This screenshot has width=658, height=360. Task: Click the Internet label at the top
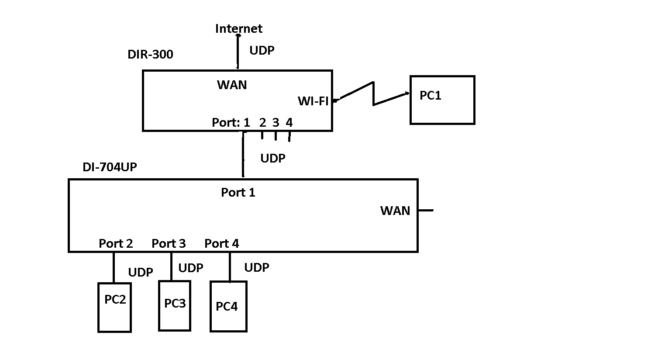point(239,29)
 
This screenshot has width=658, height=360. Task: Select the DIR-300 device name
point(150,55)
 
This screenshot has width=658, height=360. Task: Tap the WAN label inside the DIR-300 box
point(232,85)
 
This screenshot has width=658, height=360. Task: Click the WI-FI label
point(313,101)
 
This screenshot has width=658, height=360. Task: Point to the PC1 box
point(442,100)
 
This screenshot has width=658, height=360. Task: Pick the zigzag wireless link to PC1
point(373,94)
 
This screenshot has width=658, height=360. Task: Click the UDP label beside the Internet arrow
point(262,51)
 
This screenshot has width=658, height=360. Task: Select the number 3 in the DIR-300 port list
point(276,123)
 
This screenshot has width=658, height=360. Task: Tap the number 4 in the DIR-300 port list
point(289,123)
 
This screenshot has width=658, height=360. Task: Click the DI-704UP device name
point(110,167)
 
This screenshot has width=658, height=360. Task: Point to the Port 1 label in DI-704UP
point(238,193)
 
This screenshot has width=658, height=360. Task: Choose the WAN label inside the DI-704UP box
point(395,211)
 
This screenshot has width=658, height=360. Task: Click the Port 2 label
point(116,243)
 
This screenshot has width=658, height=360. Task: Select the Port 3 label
point(169,243)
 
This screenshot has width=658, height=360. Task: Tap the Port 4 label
point(222,243)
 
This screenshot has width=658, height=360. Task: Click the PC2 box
point(114,307)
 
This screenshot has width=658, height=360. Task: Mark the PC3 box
point(175,306)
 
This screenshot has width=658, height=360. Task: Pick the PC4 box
point(228,307)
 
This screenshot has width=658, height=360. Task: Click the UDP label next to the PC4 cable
point(257,267)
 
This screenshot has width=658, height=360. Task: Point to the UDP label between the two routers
point(273,158)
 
